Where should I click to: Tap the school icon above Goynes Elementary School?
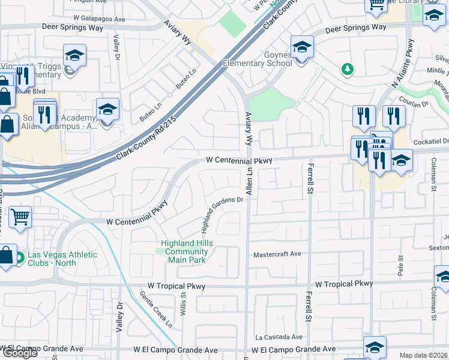tap(302, 47)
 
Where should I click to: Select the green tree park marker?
tap(347, 70)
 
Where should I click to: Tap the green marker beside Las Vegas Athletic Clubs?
tap(20, 259)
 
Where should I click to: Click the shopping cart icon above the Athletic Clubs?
tap(20, 217)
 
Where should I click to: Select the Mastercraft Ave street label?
tap(277, 254)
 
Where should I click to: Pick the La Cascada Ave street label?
tap(279, 337)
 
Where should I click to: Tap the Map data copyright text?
tap(424, 355)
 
